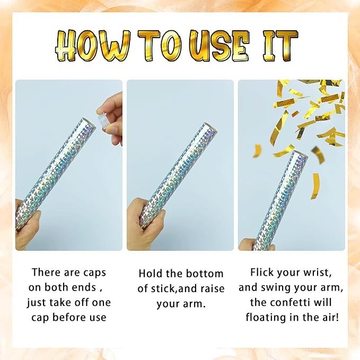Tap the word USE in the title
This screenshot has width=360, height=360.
(220, 46)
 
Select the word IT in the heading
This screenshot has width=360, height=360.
(280, 46)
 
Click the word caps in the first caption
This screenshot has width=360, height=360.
(94, 273)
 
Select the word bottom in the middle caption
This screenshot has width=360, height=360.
(204, 274)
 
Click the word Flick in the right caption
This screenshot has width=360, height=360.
(261, 273)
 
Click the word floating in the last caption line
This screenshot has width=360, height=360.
(262, 317)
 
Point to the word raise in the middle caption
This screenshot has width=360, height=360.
(212, 289)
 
